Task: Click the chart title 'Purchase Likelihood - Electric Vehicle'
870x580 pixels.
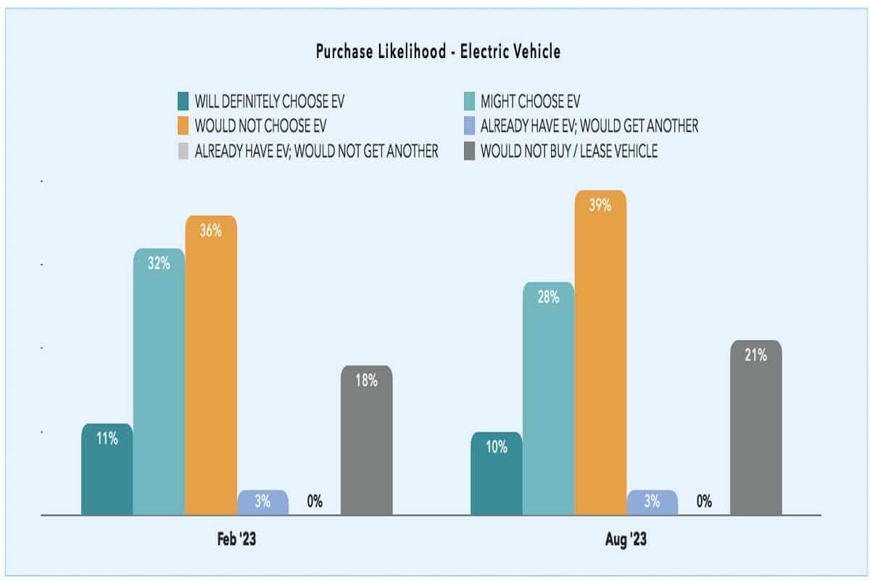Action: click(438, 51)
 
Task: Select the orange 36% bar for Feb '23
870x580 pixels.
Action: click(211, 362)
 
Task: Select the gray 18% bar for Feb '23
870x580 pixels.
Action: click(367, 439)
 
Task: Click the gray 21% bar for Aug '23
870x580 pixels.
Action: click(755, 428)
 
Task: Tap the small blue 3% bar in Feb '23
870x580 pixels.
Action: click(263, 502)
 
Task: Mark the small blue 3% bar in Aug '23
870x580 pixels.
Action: click(652, 502)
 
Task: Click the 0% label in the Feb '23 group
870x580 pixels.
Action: click(315, 501)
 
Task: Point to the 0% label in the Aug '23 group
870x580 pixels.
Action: click(704, 501)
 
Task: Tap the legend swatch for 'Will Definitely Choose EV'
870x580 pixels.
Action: click(183, 100)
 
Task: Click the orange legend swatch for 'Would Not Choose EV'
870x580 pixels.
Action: click(183, 125)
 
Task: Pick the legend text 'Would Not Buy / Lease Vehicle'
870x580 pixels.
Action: click(569, 152)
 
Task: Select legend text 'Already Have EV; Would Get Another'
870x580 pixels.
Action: click(589, 125)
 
